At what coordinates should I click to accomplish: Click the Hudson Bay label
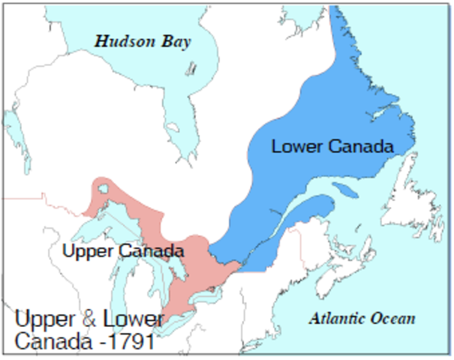[x=142, y=40]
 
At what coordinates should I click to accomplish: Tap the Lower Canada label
[x=332, y=146]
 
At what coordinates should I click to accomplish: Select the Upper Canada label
[x=123, y=250]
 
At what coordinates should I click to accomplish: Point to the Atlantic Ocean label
[x=362, y=319]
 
